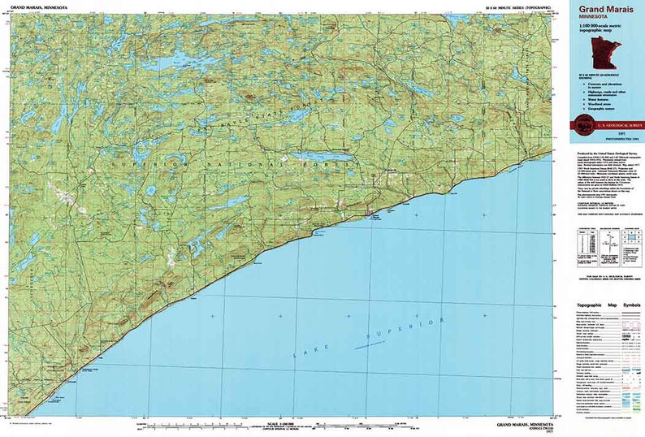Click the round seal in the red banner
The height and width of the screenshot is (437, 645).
coord(582,125)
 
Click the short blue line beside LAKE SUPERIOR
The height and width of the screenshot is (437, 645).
coord(369,344)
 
